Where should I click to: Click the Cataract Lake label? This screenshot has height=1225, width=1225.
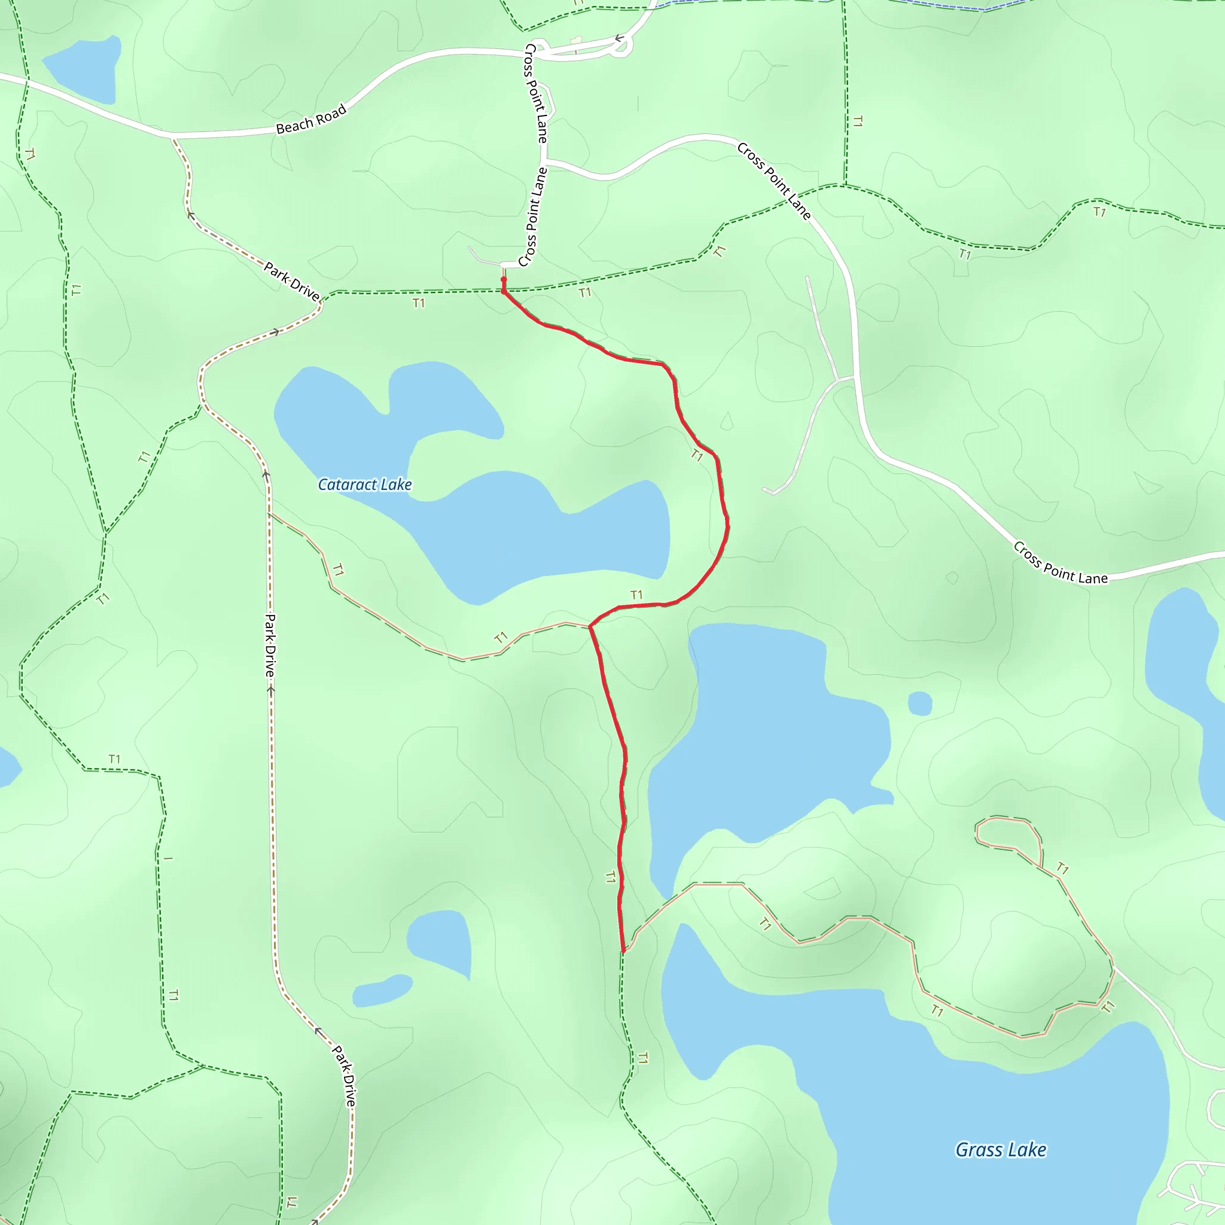coord(365,485)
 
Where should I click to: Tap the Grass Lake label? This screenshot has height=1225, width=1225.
coord(1001,1150)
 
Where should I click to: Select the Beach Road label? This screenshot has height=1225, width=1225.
coord(311,119)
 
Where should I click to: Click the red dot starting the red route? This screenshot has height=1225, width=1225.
coord(504,279)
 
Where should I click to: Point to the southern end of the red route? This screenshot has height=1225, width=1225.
coord(624,951)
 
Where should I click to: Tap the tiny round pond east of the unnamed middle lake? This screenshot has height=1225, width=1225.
coord(919,703)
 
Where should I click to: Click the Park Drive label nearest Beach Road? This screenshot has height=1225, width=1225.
coord(292,281)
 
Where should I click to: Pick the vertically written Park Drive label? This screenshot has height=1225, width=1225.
coord(270,645)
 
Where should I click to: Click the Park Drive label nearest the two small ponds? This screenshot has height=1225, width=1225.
coord(343,1075)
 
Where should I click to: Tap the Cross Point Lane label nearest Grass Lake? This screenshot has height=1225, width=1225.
coord(1059,563)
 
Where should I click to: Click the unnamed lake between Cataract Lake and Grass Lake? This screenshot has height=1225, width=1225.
coord(761,729)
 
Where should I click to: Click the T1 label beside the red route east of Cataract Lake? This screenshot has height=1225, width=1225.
coord(697,455)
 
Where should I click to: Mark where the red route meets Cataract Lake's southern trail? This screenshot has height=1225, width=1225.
coord(590,626)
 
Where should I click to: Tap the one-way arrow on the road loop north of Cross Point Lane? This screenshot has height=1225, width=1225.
coord(620,39)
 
